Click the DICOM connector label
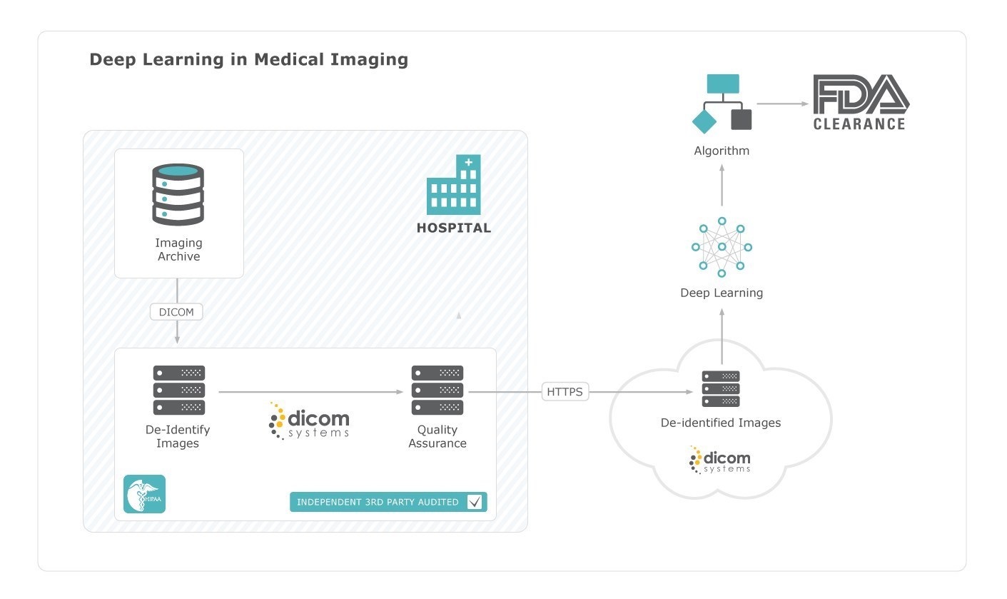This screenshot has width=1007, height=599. click(176, 312)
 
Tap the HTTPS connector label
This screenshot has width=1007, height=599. click(565, 392)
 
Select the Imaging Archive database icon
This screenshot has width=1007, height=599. click(178, 194)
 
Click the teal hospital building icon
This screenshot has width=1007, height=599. click(454, 185)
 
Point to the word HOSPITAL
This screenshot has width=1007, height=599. click(454, 228)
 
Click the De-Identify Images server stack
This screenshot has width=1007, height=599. click(179, 390)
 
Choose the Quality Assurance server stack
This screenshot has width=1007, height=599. click(437, 390)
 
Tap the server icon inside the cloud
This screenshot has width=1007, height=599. click(721, 389)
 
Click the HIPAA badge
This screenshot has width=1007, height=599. click(144, 494)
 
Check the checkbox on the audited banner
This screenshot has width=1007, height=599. click(475, 502)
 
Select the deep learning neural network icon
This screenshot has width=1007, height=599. click(722, 247)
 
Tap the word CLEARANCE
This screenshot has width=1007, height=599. click(859, 124)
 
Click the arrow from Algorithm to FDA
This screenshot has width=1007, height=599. click(783, 104)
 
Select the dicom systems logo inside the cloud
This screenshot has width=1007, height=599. click(719, 460)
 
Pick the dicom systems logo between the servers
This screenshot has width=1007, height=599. click(309, 421)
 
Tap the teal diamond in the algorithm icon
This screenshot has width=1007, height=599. click(704, 121)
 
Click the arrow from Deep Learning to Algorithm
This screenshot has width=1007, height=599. click(722, 185)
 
